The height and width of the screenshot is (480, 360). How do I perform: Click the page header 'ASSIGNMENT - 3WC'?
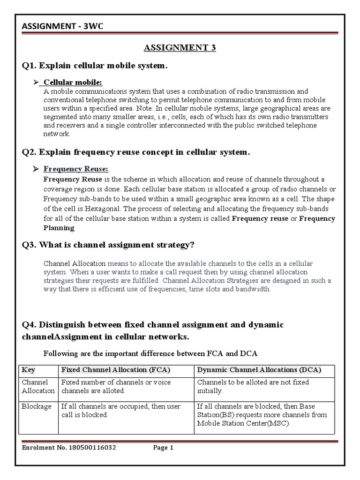tap(62, 26)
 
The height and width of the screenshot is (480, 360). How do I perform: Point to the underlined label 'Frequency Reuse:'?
tap(76, 169)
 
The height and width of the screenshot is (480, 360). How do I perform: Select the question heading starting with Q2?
tap(136, 152)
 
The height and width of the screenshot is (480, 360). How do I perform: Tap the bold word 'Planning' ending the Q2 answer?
tap(59, 228)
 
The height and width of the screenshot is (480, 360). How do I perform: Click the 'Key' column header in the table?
tap(29, 369)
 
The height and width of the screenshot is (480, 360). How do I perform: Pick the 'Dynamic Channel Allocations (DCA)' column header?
tap(259, 369)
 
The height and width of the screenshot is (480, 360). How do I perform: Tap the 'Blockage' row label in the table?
tap(37, 406)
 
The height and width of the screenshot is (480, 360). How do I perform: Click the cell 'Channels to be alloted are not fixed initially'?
tap(253, 386)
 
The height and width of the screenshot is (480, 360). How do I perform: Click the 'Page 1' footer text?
tap(164, 448)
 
